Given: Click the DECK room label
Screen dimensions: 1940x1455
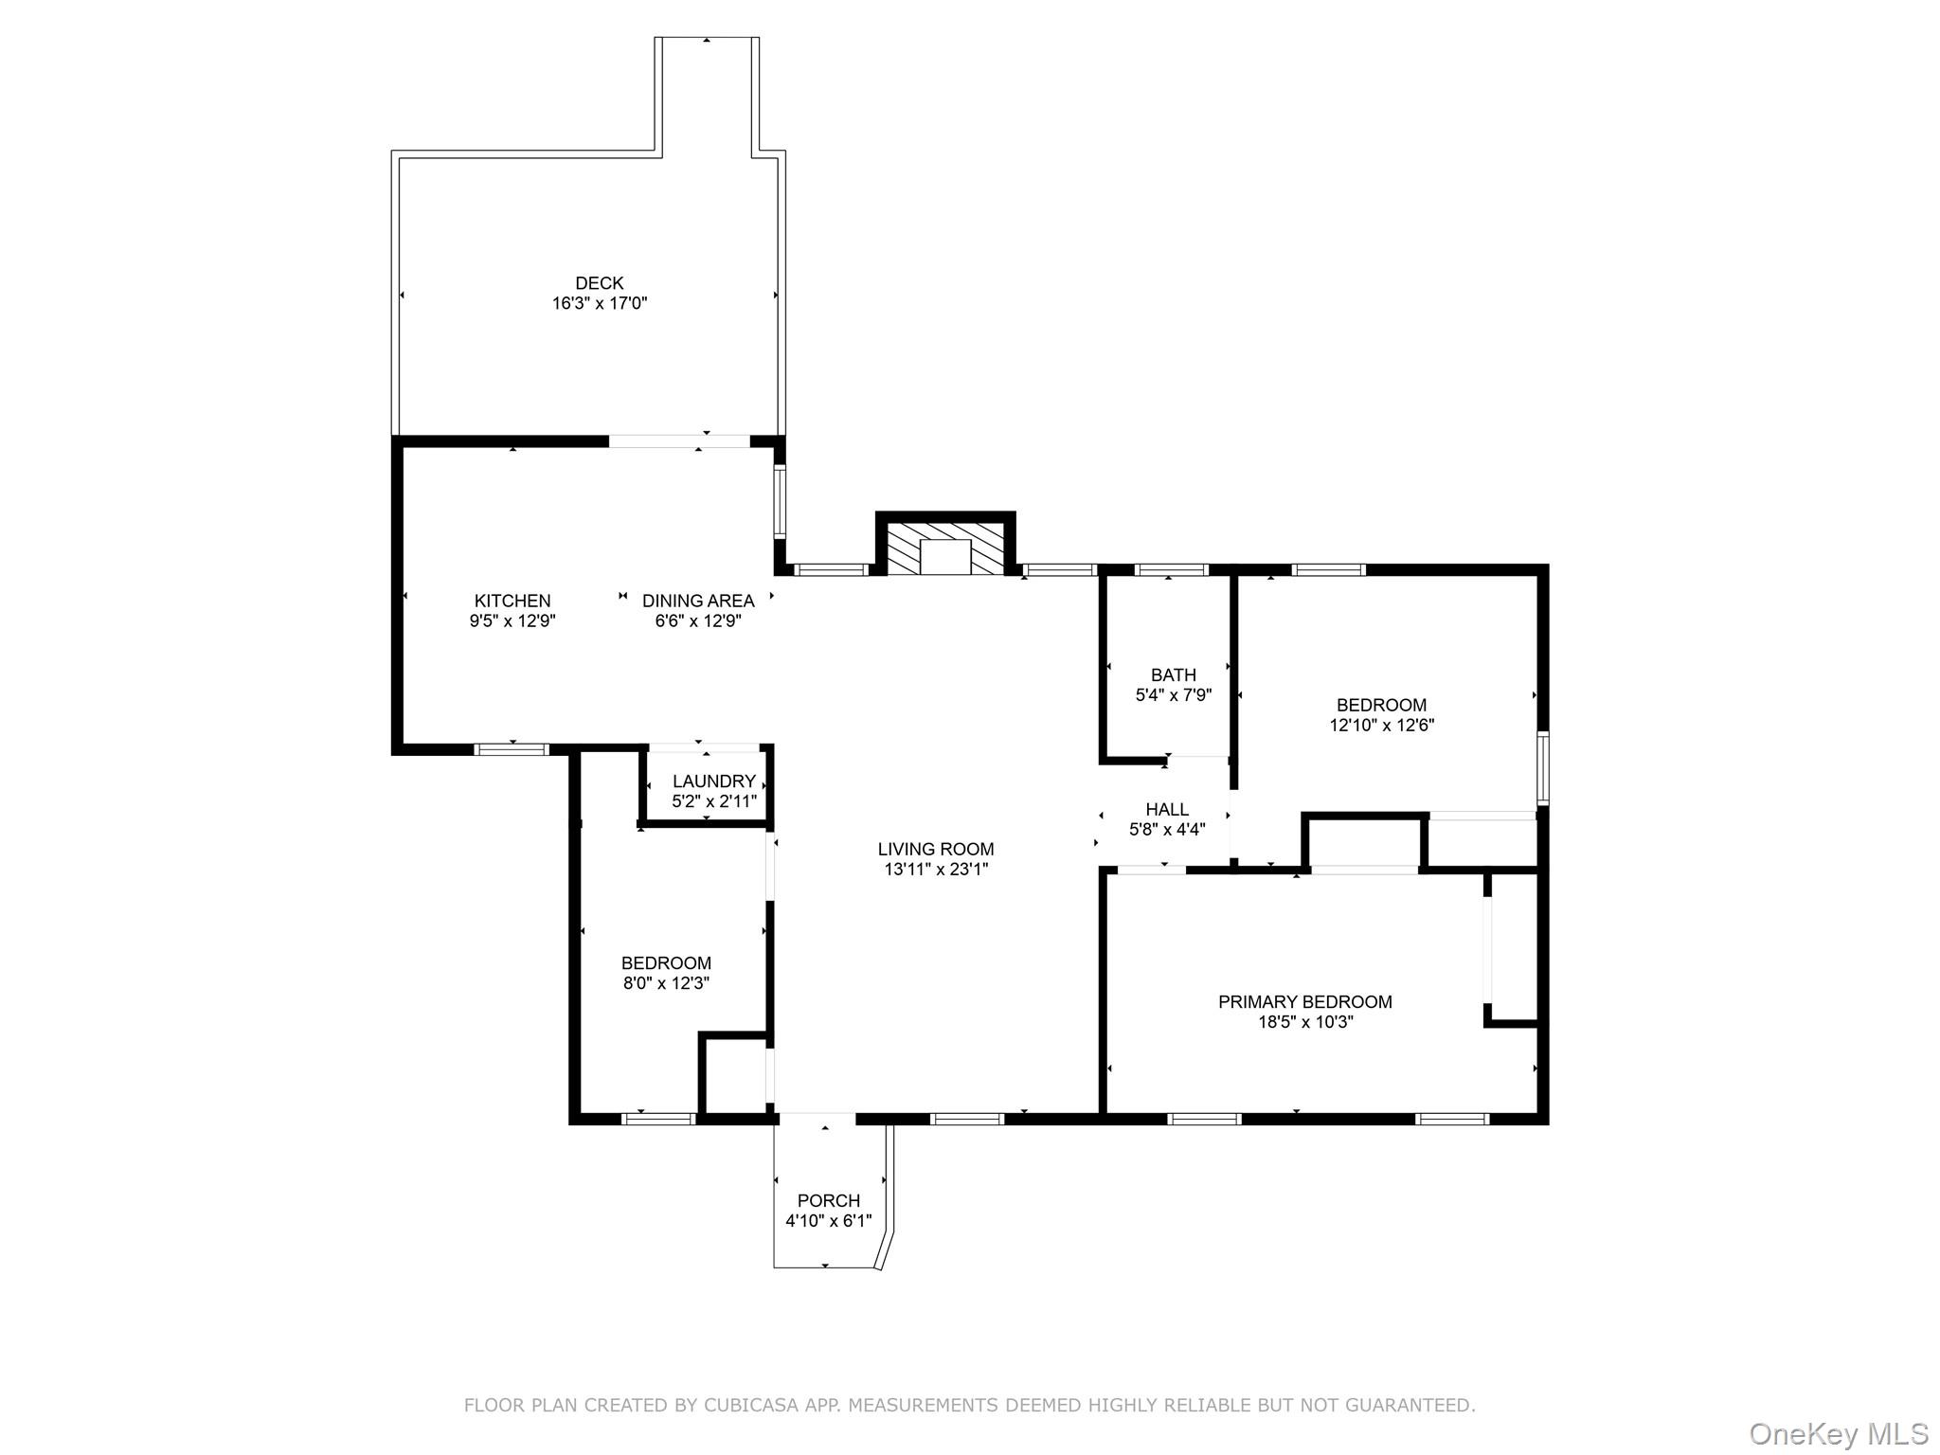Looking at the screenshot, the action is tap(600, 283).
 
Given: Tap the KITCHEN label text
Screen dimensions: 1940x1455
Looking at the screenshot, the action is tap(512, 601).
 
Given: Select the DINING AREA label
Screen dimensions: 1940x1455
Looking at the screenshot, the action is tap(698, 601).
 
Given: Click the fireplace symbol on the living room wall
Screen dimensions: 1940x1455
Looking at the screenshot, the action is tap(945, 546).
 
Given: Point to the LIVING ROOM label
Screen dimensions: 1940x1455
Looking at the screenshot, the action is tap(936, 849).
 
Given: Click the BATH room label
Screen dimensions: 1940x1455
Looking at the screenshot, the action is tap(1174, 675).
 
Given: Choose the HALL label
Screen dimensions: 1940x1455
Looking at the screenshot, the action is tap(1167, 810).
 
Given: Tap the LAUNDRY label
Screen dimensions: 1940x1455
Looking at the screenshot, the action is tap(714, 781).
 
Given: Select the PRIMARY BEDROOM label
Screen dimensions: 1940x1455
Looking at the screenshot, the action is tap(1305, 1002).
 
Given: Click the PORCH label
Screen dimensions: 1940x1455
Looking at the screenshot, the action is tap(829, 1201).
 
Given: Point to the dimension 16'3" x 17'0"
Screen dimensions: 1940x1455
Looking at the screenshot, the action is tap(600, 304).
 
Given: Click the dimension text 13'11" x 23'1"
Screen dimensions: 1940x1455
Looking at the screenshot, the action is tap(936, 870).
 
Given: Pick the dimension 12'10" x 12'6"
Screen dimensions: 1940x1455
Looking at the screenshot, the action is tap(1382, 726).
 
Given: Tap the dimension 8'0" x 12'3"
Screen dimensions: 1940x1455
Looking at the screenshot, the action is tap(666, 984).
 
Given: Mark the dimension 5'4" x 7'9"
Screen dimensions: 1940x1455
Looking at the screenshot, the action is tap(1174, 695).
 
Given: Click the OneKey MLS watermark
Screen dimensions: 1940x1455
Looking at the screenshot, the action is tap(1839, 1434).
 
